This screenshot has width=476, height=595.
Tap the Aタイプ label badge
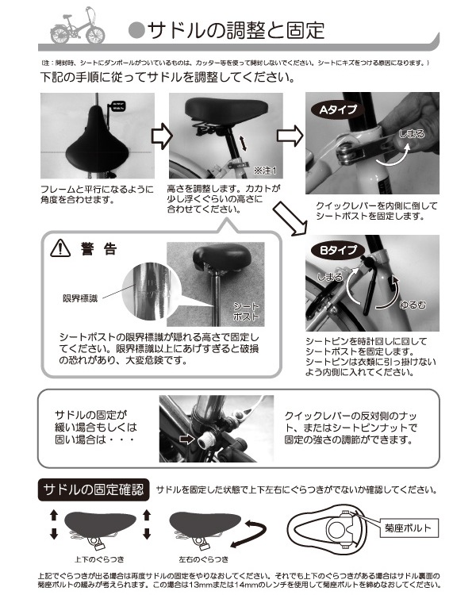[338, 110]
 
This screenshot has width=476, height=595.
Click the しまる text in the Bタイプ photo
[329, 278]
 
